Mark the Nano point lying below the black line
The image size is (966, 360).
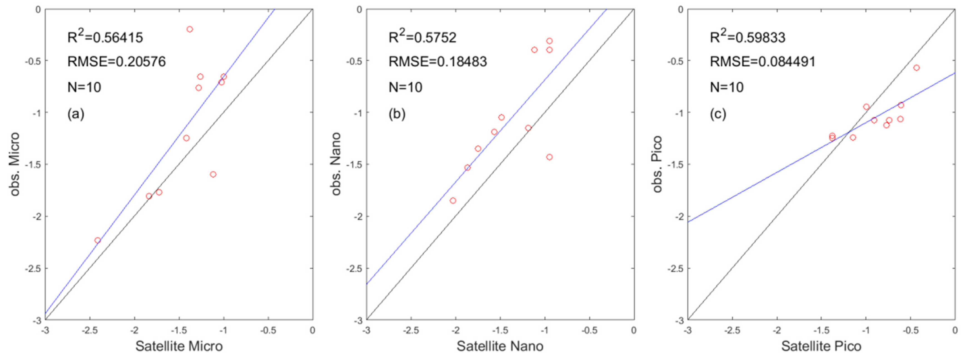pos(549,157)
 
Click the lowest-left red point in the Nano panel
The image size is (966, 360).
pos(453,201)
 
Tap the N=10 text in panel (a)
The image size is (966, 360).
pos(84,87)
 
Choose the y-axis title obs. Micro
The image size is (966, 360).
pos(15,164)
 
